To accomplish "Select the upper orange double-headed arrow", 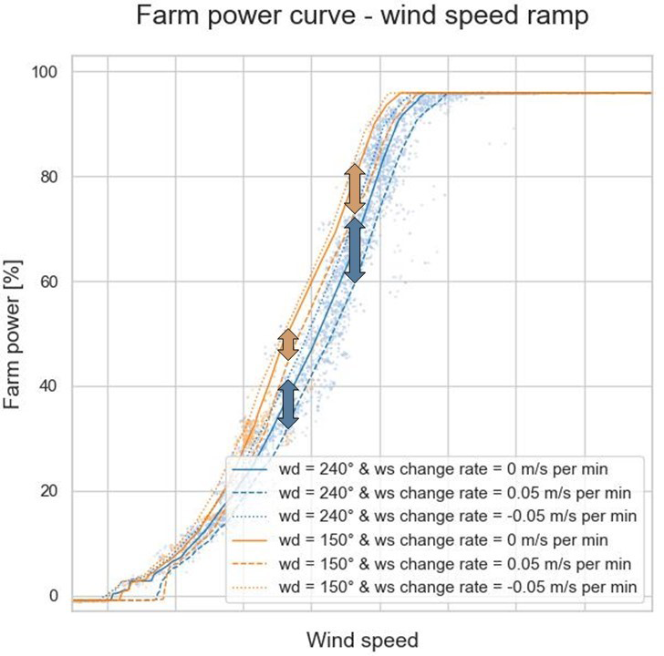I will pos(355,189).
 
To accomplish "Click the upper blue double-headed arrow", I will pos(355,249).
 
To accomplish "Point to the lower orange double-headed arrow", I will pos(287,343).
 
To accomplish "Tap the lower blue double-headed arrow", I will pos(287,404).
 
